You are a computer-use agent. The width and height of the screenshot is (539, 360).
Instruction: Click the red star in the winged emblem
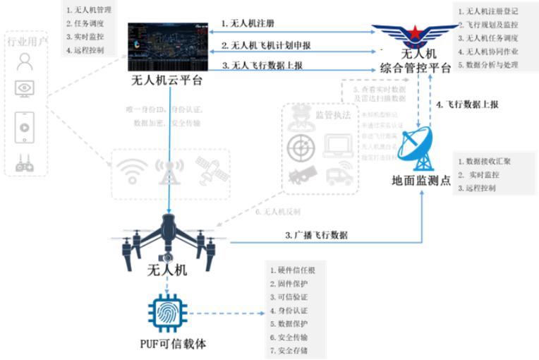click(415, 32)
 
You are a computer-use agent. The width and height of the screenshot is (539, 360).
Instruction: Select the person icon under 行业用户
click(25, 62)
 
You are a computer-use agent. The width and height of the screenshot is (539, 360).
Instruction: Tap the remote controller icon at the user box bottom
click(25, 164)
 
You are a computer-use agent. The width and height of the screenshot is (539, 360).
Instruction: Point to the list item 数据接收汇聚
click(487, 162)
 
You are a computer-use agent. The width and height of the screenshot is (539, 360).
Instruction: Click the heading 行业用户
click(25, 43)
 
